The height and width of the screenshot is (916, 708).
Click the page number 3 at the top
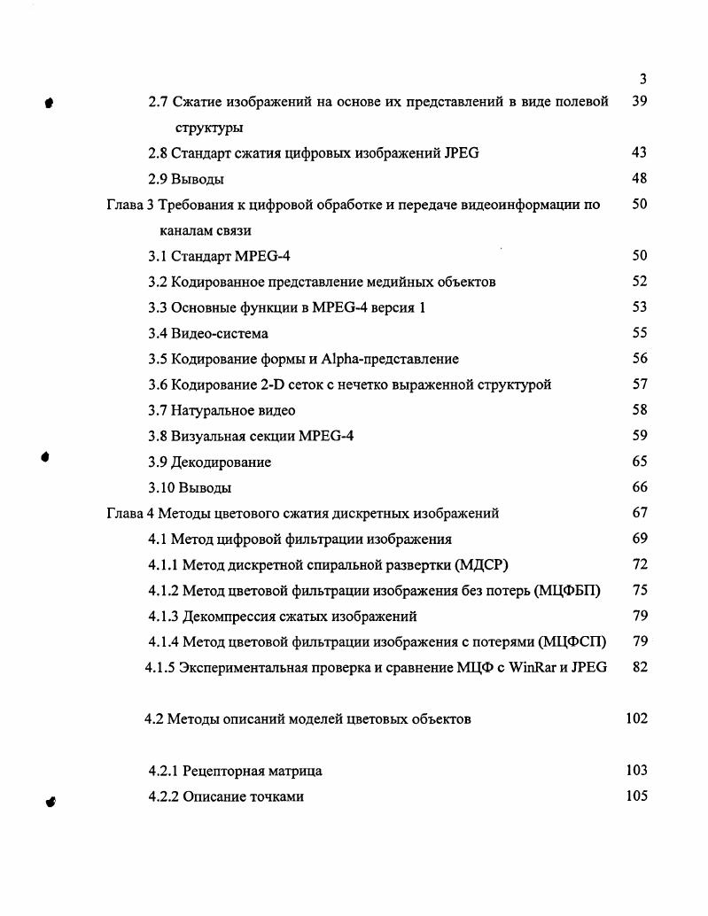tap(642, 80)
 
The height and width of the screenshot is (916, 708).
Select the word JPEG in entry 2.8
tap(459, 153)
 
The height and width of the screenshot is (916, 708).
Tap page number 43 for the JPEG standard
tap(639, 153)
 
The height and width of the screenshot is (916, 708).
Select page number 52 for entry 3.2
tap(639, 282)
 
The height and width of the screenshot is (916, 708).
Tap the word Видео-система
tap(220, 334)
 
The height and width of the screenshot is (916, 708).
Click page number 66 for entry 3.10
tap(639, 487)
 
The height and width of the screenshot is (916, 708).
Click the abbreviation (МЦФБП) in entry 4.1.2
tap(568, 591)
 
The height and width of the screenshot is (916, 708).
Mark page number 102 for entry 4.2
tap(635, 718)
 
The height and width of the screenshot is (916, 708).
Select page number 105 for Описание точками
tap(635, 796)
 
